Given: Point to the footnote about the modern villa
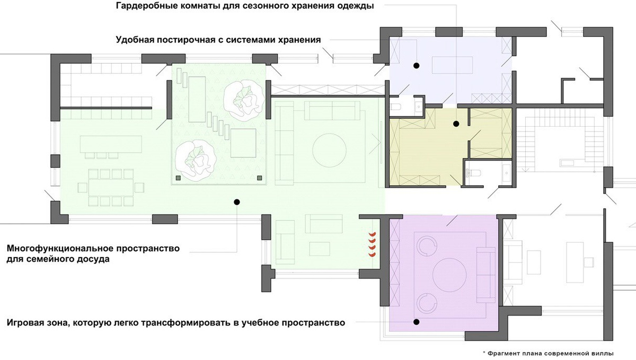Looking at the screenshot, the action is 548,354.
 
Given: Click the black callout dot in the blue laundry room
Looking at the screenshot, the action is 416,66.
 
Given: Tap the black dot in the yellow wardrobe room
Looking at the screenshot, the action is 456,124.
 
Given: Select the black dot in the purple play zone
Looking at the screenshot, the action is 416,322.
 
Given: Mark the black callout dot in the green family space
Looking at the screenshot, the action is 237,202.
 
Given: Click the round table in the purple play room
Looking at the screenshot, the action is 449,275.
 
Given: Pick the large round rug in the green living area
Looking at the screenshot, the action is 329,150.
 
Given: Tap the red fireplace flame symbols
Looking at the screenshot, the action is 372,244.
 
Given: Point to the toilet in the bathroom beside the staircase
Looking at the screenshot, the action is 473,172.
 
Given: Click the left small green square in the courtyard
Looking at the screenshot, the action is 178,178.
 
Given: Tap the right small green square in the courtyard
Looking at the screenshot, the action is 260,178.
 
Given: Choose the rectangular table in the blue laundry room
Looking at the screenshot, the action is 452,65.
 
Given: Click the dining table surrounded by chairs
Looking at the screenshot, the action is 111,188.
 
